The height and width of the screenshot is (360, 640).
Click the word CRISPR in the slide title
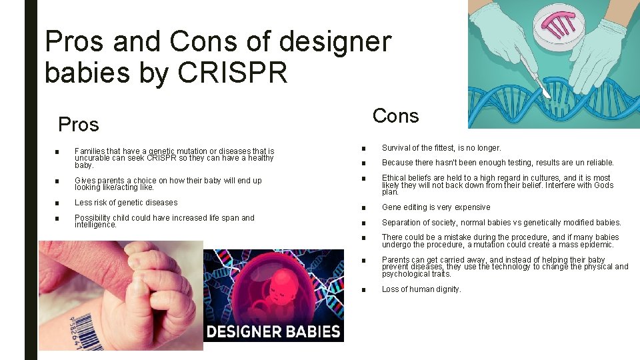[233, 73]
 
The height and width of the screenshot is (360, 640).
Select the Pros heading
[79, 125]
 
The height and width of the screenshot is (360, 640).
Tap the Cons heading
[395, 116]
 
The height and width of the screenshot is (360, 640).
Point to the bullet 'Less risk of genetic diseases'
[126, 203]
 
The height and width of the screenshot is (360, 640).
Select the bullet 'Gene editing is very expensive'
[435, 207]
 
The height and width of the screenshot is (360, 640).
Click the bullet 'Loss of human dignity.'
[421, 289]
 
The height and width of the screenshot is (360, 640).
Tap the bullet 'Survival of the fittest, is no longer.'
[441, 148]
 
